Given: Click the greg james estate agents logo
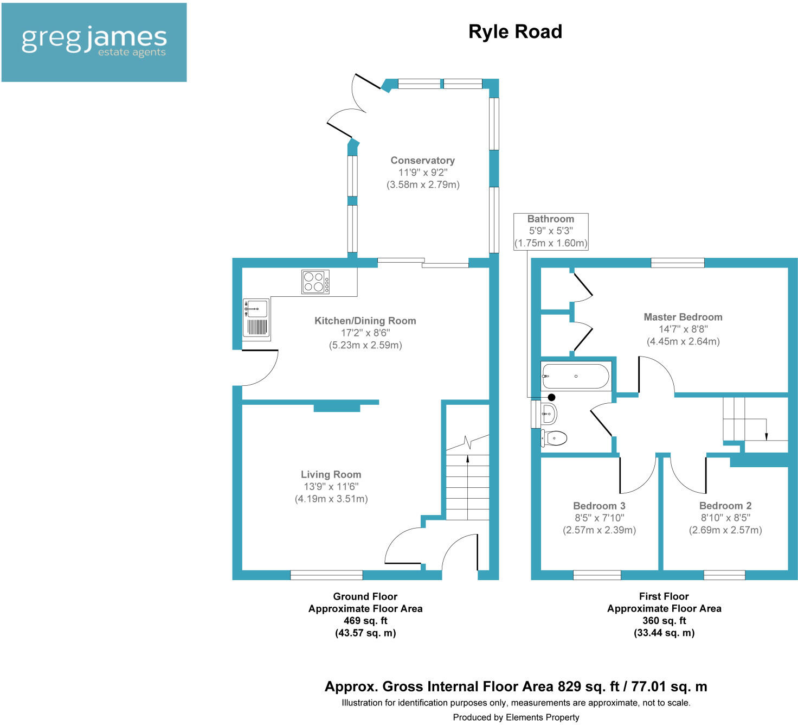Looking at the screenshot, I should (x=94, y=42).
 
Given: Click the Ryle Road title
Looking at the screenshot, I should (x=515, y=31).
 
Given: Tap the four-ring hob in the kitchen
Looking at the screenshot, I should (x=316, y=282).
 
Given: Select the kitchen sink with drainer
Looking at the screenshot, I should (x=256, y=318).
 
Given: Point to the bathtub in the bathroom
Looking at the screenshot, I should (x=576, y=376).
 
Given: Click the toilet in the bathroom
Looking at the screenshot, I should (x=554, y=437).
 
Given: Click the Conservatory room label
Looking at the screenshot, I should (x=422, y=161).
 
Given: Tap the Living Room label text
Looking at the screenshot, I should (x=331, y=474).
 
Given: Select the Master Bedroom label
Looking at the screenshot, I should (x=683, y=317).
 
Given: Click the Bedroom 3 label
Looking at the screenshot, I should (x=599, y=506).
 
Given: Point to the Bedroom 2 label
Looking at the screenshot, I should (x=725, y=506).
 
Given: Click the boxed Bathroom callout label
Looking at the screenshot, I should (x=551, y=231).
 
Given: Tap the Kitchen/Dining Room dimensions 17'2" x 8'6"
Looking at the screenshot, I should (x=365, y=333).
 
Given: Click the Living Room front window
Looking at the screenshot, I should (x=326, y=575).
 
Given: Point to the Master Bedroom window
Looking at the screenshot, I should (x=678, y=263).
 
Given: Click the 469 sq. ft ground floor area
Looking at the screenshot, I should (x=365, y=621).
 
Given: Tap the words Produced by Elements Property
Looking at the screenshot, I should (x=516, y=717).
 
